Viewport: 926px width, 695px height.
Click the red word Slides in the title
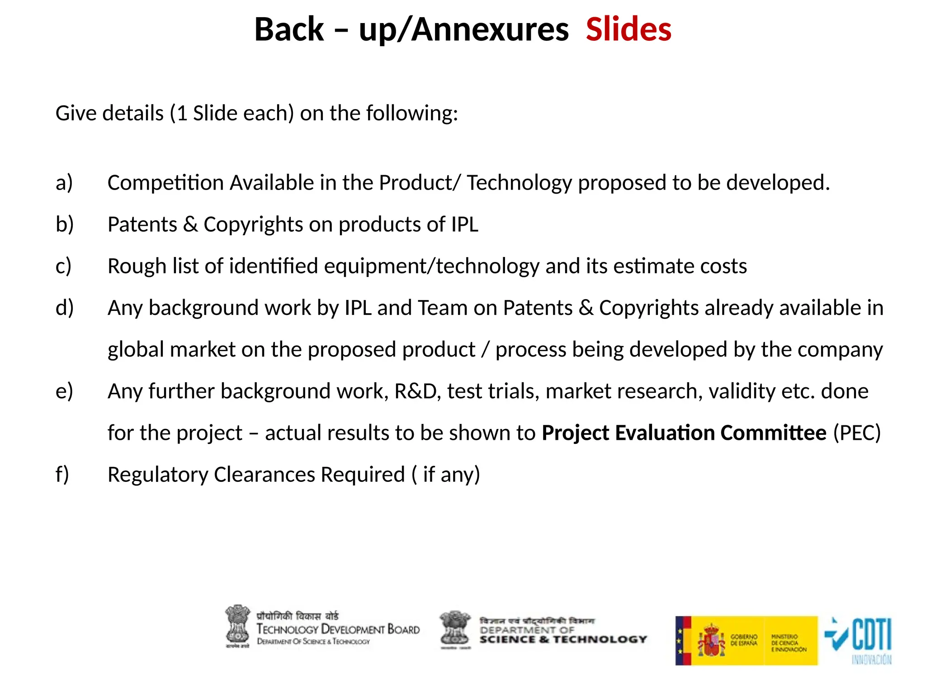coord(628,30)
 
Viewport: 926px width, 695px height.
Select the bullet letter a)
coord(64,183)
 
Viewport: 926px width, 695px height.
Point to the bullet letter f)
coord(62,475)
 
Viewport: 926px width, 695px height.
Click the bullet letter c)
coord(64,266)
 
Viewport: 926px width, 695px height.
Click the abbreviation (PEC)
coord(857,433)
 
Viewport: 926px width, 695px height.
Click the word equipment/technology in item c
coord(431,266)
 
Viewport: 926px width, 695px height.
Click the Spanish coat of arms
coord(711,640)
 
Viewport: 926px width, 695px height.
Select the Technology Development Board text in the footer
coord(338,629)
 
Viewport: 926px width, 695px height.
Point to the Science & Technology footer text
coord(563,639)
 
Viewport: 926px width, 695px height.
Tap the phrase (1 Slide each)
coord(232,113)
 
